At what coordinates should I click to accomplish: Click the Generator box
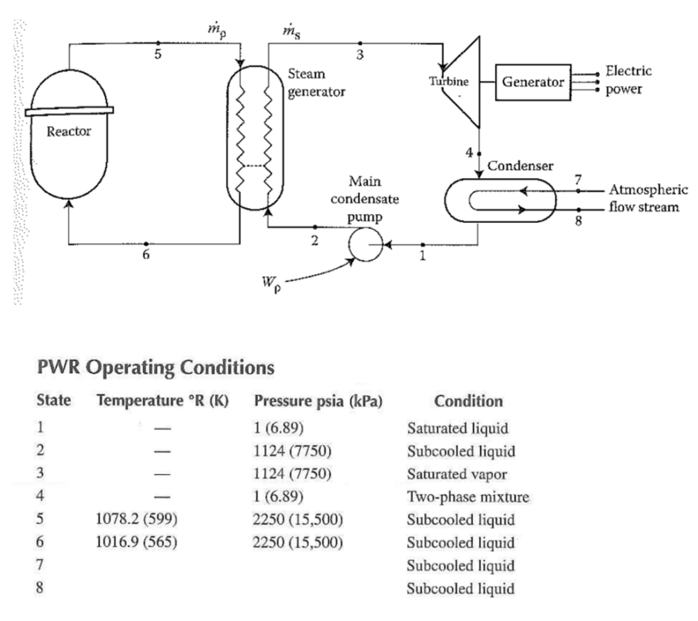534,82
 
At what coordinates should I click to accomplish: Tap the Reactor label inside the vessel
68,132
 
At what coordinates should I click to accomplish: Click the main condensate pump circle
365,244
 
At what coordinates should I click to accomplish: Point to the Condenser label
520,165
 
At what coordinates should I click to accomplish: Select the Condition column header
468,401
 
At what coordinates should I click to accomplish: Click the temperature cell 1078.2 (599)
138,520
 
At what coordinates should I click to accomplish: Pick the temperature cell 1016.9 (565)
138,543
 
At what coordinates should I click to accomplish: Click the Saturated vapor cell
457,474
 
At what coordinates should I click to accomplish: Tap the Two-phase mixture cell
468,497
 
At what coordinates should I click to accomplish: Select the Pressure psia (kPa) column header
317,401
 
